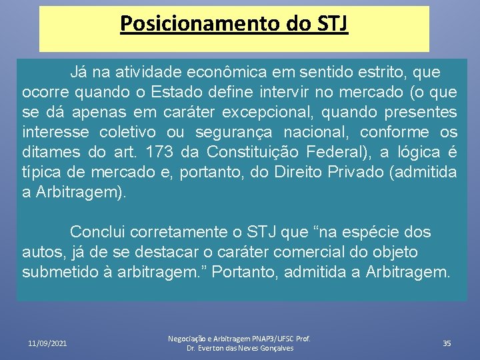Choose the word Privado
(357, 173)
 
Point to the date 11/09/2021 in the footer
(47, 343)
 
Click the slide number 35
(447, 343)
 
